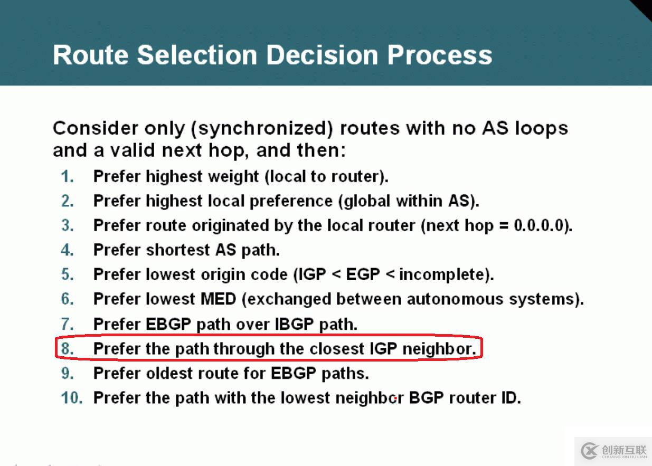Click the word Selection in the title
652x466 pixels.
click(x=197, y=55)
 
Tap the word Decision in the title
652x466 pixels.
click(x=322, y=55)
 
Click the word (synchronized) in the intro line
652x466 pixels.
click(x=262, y=129)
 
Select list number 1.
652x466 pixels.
click(x=67, y=176)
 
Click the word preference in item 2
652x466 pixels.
click(x=291, y=201)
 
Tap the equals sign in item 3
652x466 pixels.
click(x=504, y=226)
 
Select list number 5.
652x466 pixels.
click(x=67, y=274)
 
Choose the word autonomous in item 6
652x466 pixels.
click(x=455, y=299)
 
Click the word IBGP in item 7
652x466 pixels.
click(x=294, y=324)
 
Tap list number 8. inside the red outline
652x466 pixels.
click(x=67, y=348)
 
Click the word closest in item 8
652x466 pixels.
click(x=337, y=349)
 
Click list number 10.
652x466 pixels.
click(x=72, y=397)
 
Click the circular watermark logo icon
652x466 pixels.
click(x=590, y=451)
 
